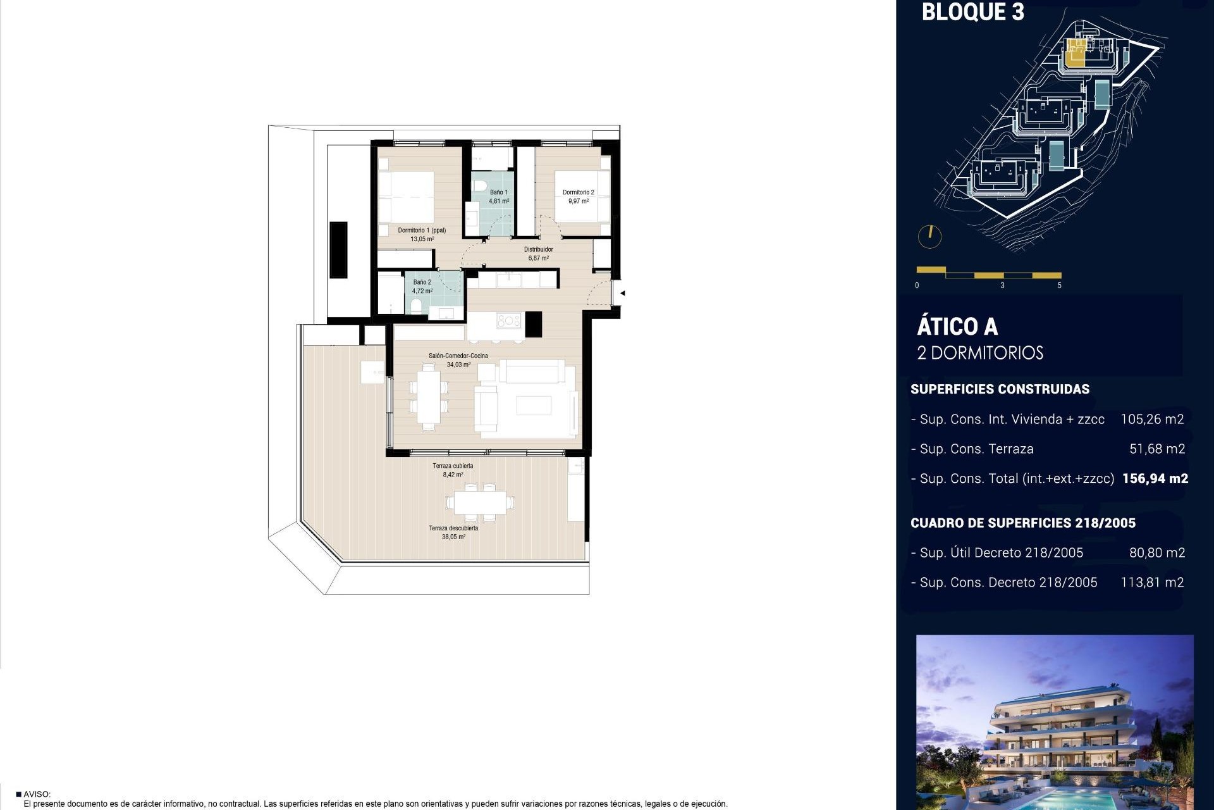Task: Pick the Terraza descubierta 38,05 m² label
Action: [x=453, y=532]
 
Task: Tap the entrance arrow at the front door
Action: [x=623, y=293]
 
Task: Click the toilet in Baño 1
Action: [x=479, y=186]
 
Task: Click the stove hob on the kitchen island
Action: [x=508, y=321]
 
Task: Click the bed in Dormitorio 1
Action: [x=407, y=196]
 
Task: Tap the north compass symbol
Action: [x=929, y=236]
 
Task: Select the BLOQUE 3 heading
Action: [x=972, y=13]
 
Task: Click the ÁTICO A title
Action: [x=957, y=327]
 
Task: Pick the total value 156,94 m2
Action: [x=1155, y=478]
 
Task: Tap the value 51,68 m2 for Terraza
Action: [x=1156, y=449]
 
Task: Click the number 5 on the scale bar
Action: [x=1060, y=285]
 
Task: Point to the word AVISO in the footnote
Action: [x=37, y=794]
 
